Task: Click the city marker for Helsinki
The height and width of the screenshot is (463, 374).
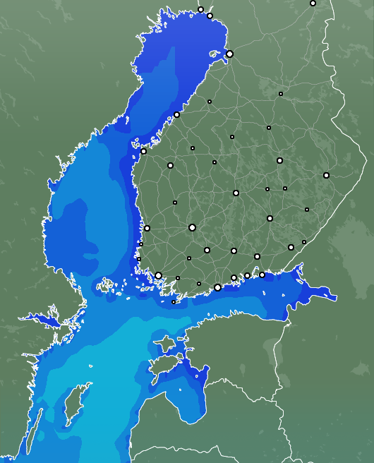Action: tap(217, 287)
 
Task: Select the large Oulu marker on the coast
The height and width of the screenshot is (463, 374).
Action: tap(229, 54)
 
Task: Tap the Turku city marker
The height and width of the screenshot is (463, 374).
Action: tap(159, 276)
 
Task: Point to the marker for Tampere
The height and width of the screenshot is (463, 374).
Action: tap(192, 227)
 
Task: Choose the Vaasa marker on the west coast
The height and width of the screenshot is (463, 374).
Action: tap(144, 151)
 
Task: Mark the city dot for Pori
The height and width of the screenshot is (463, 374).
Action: tap(147, 228)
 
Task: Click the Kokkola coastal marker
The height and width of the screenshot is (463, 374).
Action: tap(176, 114)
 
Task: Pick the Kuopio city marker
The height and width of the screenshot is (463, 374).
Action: tap(279, 161)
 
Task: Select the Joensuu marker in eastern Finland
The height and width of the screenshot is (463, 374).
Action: tap(326, 175)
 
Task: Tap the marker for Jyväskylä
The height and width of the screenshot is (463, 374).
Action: tap(236, 193)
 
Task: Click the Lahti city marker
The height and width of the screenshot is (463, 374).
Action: tap(234, 251)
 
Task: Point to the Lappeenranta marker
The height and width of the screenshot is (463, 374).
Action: tap(291, 247)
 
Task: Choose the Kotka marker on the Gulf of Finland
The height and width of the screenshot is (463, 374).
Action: tap(262, 275)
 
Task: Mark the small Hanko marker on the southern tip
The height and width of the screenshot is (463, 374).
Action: tap(174, 302)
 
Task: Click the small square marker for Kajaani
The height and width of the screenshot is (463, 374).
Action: tap(269, 128)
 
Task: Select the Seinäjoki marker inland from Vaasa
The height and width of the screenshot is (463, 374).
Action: tap(170, 165)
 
